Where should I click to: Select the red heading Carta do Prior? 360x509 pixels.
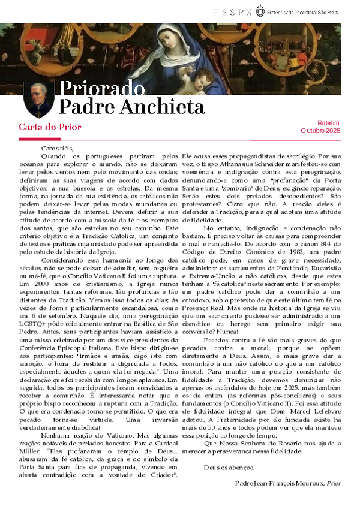pyautogui.click(x=50, y=127)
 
